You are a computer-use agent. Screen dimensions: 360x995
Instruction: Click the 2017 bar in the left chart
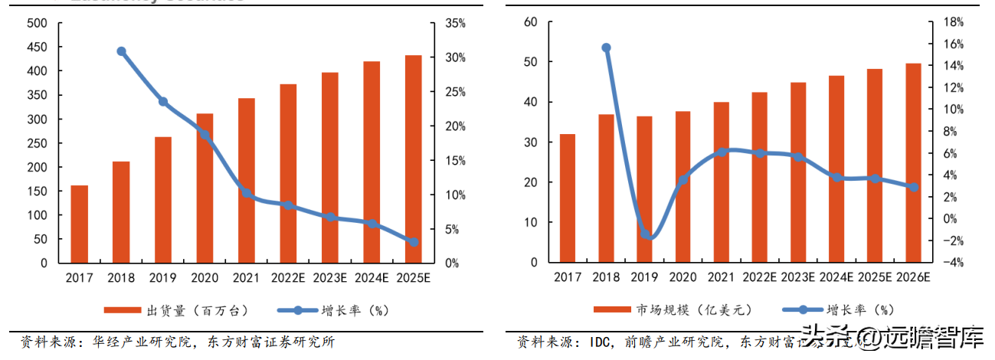[80, 224]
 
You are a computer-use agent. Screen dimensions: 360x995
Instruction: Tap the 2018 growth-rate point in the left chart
[121, 51]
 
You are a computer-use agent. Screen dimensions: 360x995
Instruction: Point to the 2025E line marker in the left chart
[413, 241]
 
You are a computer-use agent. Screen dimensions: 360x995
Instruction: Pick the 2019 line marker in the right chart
[645, 234]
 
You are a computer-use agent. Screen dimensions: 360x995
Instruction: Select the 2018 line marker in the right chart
[607, 47]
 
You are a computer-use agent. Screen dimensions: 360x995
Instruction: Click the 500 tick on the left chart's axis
[37, 24]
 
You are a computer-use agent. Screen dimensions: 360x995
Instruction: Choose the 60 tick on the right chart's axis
[530, 22]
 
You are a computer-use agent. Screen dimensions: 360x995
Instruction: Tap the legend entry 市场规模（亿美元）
[694, 310]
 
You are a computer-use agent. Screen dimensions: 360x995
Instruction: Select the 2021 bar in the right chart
[721, 182]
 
